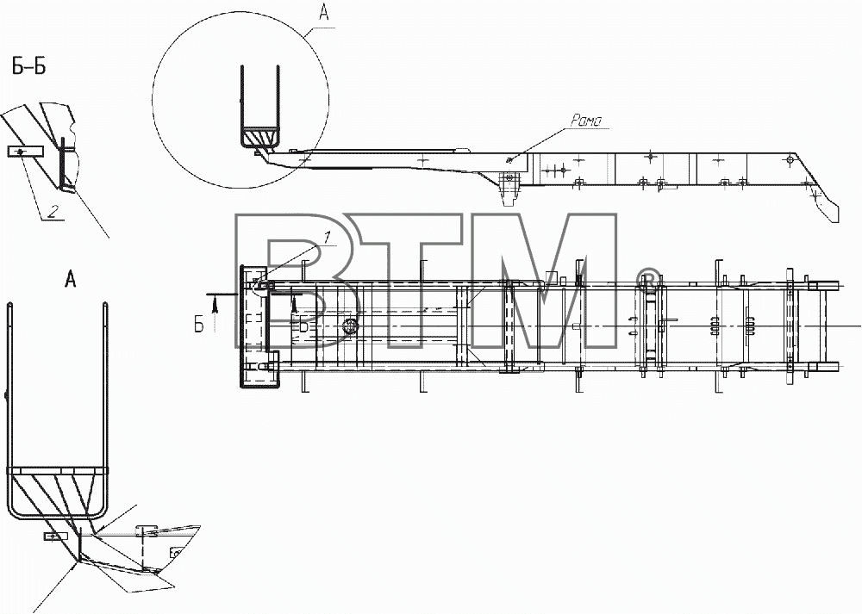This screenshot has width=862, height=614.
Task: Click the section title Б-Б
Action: [28, 66]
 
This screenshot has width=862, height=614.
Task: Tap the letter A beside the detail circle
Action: [324, 12]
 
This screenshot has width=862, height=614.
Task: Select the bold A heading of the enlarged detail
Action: [71, 280]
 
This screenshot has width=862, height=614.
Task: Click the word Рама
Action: [586, 120]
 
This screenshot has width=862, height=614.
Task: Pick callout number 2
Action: [52, 212]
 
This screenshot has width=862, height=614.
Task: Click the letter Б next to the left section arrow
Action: [199, 325]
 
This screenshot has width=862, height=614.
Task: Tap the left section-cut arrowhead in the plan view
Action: [215, 303]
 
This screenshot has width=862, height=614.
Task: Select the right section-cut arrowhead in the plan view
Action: [296, 303]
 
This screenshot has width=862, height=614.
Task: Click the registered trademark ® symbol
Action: [648, 278]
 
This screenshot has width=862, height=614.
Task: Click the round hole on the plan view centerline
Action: [350, 326]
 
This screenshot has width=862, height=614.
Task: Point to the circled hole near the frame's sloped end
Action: [790, 160]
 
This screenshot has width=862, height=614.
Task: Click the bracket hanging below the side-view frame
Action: [509, 188]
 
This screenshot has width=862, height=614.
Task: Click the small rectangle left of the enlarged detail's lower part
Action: [55, 536]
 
